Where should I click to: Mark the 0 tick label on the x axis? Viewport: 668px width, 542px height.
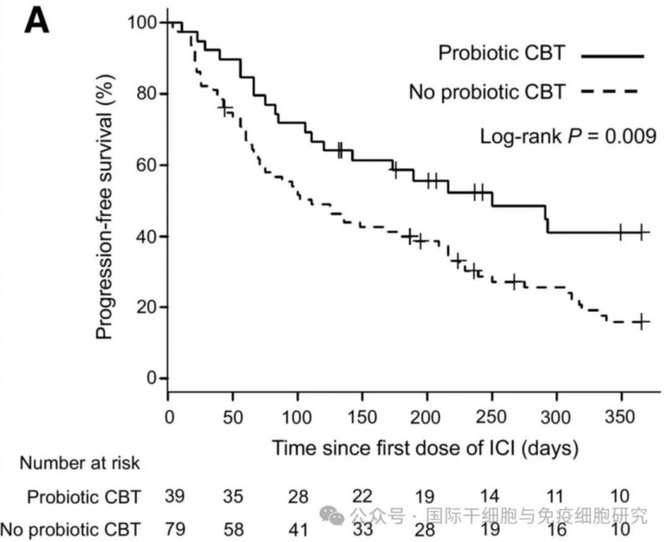point(169,415)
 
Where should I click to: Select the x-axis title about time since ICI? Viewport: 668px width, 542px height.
point(425,448)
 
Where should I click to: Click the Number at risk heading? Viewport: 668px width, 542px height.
point(80,462)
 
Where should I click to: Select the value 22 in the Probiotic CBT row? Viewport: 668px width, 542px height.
point(362,496)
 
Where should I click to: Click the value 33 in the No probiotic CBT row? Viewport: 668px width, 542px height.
point(362,527)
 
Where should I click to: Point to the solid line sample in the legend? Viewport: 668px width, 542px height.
point(612,55)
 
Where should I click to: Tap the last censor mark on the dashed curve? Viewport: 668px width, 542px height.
point(641,322)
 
